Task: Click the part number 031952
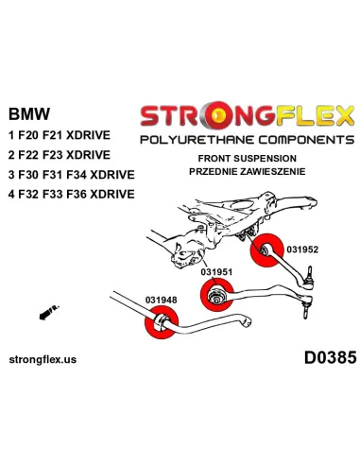coord(302,250)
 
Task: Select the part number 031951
coord(216,272)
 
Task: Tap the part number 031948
coord(161,300)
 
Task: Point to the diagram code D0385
coord(330,358)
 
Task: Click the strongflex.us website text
coord(43,359)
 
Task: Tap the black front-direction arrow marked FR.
coord(49,312)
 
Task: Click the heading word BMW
coord(29,113)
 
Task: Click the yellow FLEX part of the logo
coord(315,115)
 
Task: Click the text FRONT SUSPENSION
coord(247,158)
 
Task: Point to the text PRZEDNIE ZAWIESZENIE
coord(247,171)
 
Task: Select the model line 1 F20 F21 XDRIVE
coord(60,135)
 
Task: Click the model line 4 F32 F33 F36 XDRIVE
coord(72,194)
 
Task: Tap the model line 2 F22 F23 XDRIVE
coord(60,155)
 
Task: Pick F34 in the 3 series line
coord(77,175)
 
